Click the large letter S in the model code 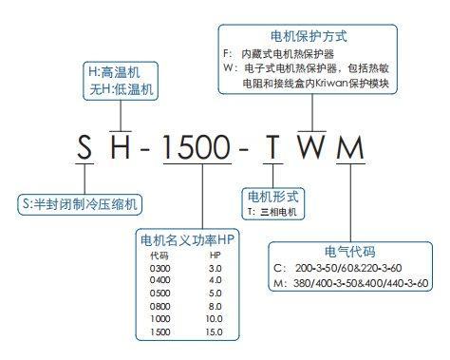pos(84,147)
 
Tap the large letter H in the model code pos(121,147)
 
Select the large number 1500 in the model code pos(197,147)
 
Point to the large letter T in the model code pos(272,147)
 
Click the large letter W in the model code pos(311,147)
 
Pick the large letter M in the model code pos(350,147)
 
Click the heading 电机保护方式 pos(309,36)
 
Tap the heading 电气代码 pos(350,252)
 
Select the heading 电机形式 pos(272,197)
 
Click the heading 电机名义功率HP pos(187,240)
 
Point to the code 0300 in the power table pos(159,269)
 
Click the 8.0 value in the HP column pos(215,306)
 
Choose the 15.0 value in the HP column pos(214,332)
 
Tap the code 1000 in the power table pos(159,319)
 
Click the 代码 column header pos(159,256)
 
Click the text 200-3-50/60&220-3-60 pos(348,268)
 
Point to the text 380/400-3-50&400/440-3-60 pos(361,283)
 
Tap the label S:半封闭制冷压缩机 pos(80,204)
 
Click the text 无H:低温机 pos(122,89)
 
